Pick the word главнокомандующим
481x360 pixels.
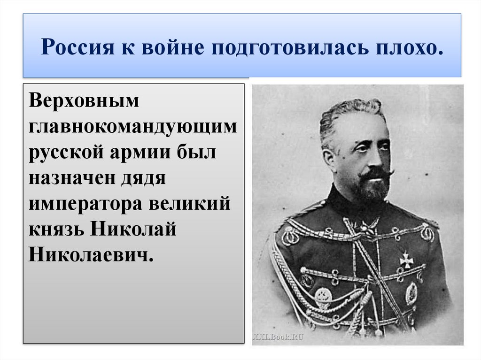[x=133, y=128]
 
